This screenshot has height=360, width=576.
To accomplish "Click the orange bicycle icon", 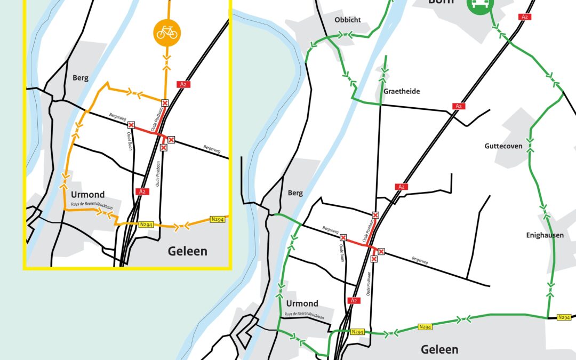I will tap(168, 31).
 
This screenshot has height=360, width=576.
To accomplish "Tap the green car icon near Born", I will tap(481, 4).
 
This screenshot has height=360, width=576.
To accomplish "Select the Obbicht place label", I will tap(347, 20).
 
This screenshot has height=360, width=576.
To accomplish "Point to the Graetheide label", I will tap(402, 91).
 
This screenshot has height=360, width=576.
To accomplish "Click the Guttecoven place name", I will tap(506, 146).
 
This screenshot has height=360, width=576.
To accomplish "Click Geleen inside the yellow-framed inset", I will tap(187, 251).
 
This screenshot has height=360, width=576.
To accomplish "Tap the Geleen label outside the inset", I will tap(439, 349).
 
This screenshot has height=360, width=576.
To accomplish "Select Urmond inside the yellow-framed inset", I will tap(87, 195).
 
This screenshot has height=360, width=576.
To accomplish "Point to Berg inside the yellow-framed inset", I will tap(80, 78).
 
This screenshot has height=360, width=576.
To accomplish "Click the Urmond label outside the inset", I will tap(302, 303).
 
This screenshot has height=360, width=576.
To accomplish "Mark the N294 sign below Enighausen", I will tap(564, 317).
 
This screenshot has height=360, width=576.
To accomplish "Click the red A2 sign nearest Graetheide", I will tap(458, 106).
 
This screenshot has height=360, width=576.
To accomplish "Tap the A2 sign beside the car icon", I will tap(525, 17).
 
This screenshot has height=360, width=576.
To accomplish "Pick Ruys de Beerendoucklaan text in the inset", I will tap(91, 204).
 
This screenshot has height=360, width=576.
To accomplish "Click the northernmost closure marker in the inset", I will tap(165, 102).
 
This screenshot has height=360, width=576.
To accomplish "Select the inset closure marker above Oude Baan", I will tap(131, 125).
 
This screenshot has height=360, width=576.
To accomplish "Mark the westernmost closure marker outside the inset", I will tap(343, 237).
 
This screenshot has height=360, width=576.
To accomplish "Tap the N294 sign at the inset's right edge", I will tap(217, 219).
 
